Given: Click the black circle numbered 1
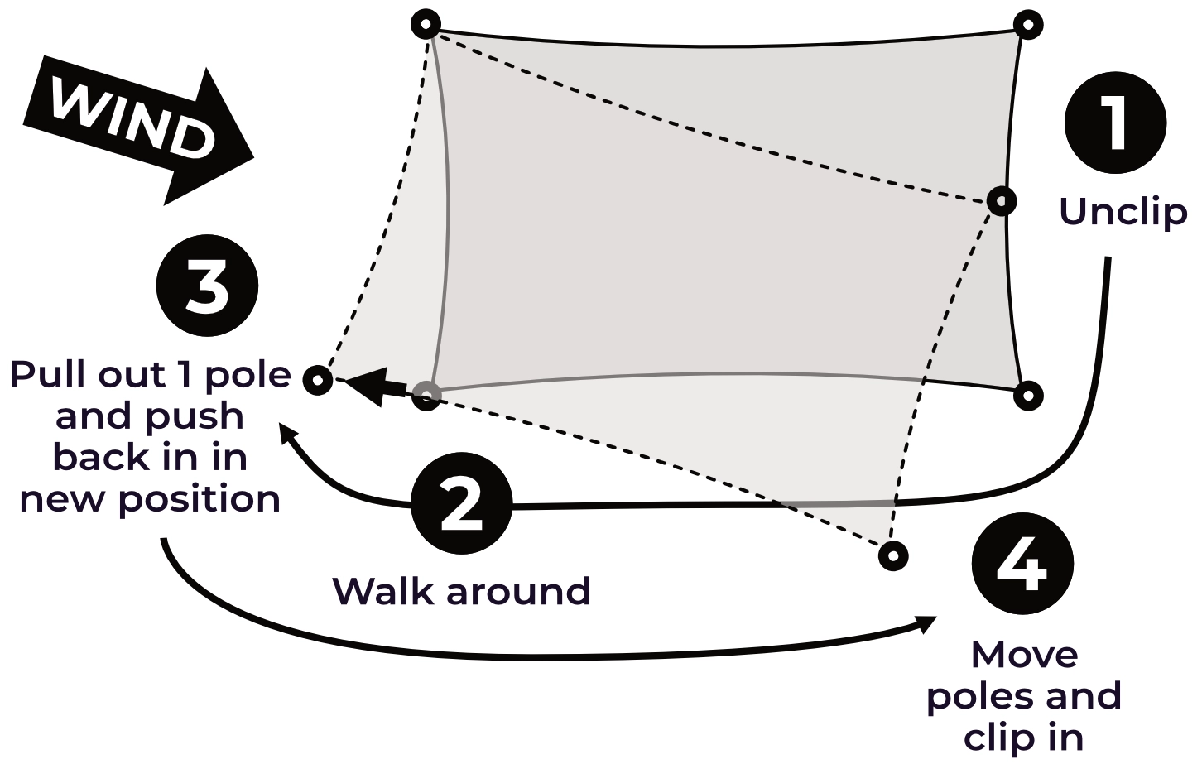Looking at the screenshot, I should pyautogui.click(x=1114, y=122).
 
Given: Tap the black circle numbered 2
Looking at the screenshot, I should pyautogui.click(x=462, y=504).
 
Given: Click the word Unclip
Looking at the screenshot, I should pyautogui.click(x=1123, y=212).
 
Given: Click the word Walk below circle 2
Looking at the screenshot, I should pyautogui.click(x=383, y=592).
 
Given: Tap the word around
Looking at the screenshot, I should pyautogui.click(x=518, y=592).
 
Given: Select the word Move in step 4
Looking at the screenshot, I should pyautogui.click(x=1024, y=655).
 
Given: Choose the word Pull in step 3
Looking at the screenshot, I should pyautogui.click(x=49, y=375).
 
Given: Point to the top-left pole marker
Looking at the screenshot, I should pyautogui.click(x=426, y=24).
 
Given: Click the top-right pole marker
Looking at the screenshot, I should pyautogui.click(x=1027, y=25).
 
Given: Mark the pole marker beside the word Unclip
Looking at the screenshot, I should pyautogui.click(x=1002, y=200).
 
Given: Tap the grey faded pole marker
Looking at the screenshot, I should pyautogui.click(x=426, y=395).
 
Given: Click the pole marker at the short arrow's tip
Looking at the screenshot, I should pyautogui.click(x=318, y=380).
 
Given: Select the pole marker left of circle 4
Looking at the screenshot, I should pyautogui.click(x=892, y=555).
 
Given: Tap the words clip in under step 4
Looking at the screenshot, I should pyautogui.click(x=1023, y=738).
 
